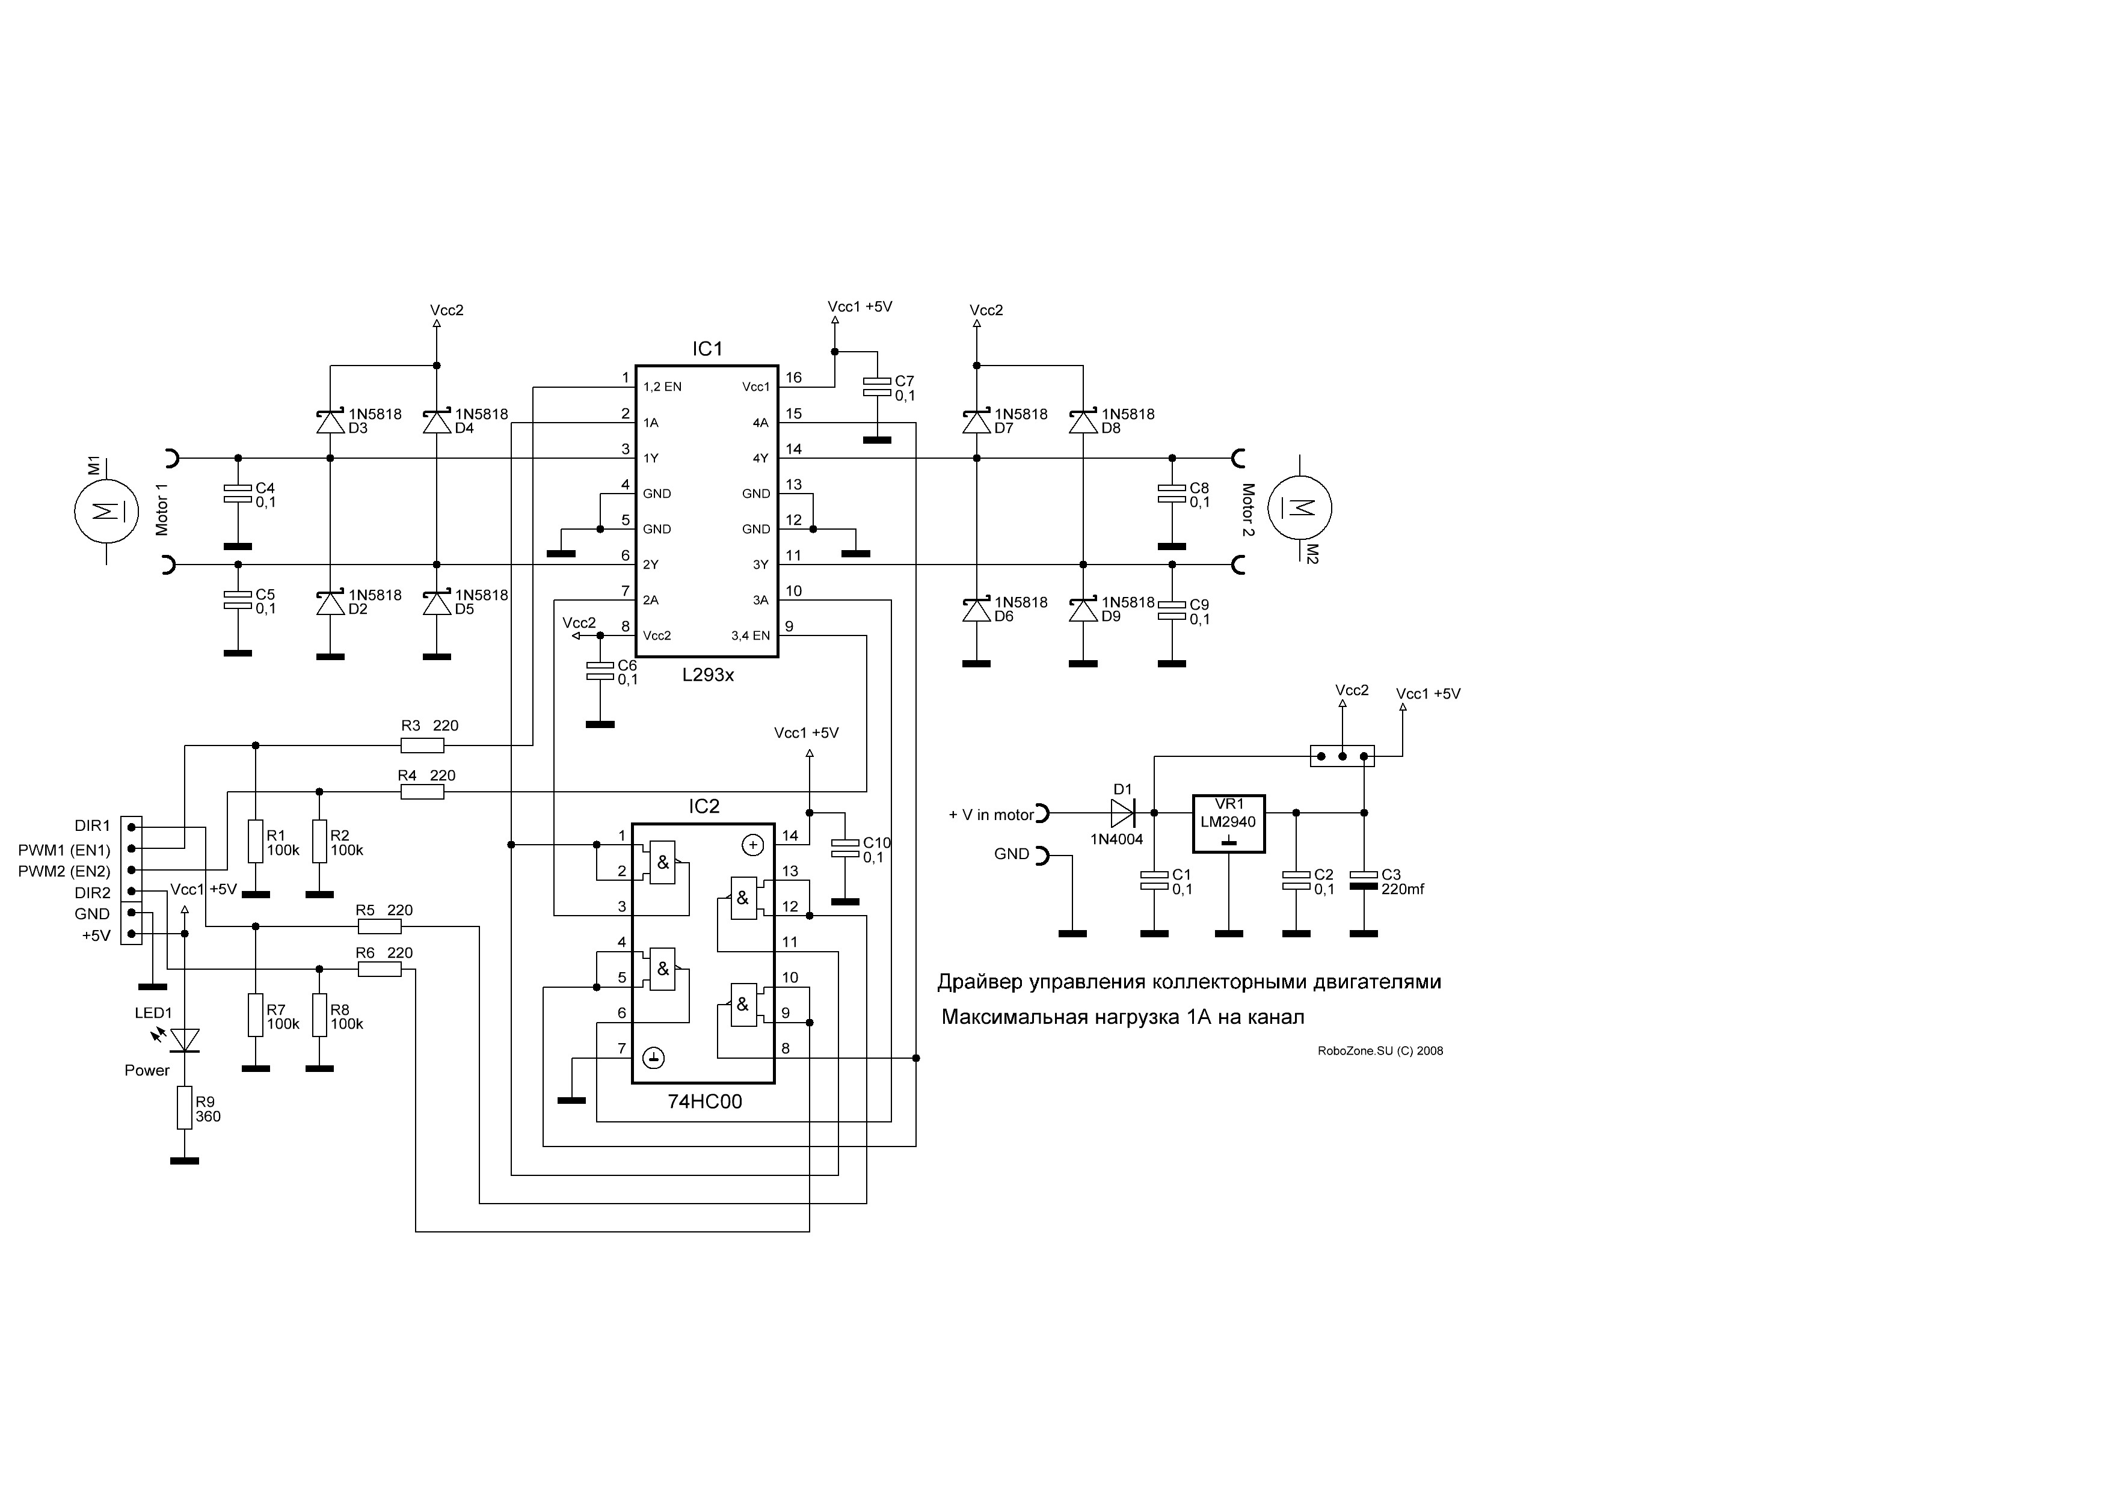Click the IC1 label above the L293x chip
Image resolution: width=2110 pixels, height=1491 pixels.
pos(707,349)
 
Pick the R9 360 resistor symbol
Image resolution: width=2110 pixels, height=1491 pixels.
pos(185,1108)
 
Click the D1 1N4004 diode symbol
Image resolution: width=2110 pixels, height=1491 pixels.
pos(1123,813)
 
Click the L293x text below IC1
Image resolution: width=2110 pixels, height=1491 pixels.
pos(707,675)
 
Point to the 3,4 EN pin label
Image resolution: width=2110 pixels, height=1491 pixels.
pos(750,635)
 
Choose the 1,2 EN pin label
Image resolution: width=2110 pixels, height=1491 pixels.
pos(663,387)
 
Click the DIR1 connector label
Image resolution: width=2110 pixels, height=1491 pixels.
pos(92,826)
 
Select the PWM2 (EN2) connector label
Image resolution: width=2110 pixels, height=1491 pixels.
pos(64,871)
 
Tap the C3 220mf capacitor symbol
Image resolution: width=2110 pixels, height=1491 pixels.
pos(1364,880)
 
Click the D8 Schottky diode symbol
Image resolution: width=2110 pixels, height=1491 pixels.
pos(1083,421)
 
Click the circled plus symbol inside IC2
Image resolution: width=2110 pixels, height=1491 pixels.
pos(752,845)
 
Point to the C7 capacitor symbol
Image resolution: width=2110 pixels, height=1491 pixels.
pos(878,387)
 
